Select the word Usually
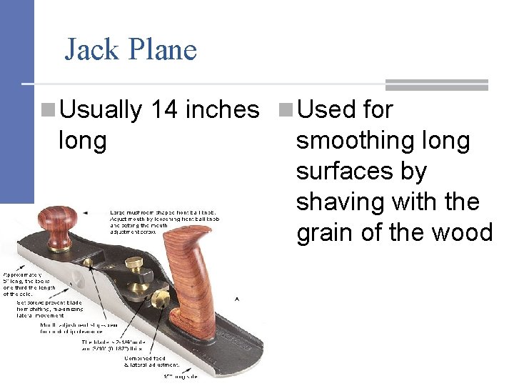point(101,109)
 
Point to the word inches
point(222,109)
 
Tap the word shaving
point(338,202)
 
